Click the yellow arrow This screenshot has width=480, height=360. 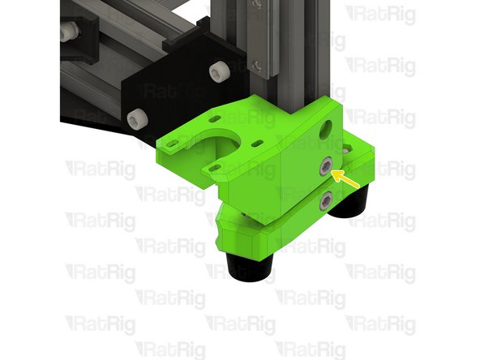coord(347,178)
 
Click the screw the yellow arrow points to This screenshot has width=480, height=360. coord(326,169)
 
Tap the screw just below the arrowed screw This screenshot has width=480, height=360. coord(326,199)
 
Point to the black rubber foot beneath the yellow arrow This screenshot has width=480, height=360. coord(352,207)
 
